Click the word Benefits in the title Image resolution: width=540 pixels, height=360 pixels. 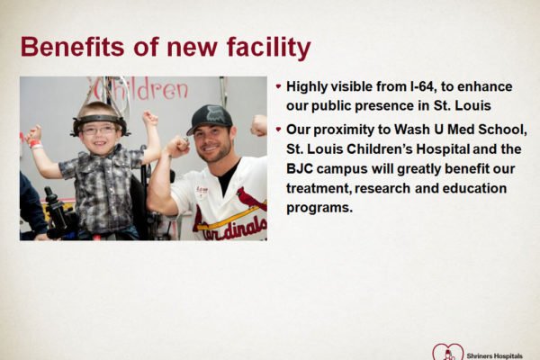72,47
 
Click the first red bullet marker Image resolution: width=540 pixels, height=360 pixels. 279,86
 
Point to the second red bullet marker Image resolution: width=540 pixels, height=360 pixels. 279,130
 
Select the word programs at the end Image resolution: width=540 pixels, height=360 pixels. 319,208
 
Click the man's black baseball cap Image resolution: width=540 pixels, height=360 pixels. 210,119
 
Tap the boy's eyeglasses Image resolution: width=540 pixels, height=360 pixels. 99,130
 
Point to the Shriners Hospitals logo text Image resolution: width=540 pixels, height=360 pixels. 494,355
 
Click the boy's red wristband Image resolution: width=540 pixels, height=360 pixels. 35,144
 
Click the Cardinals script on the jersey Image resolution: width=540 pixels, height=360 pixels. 235,229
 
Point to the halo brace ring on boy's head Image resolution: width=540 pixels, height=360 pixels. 100,120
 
